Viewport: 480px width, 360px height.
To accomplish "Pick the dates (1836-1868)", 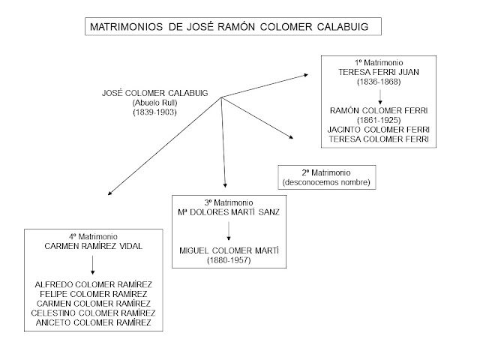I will [377, 82].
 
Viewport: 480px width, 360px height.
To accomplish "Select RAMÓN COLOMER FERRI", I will [377, 110].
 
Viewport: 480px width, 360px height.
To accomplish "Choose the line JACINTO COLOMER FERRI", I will [377, 129].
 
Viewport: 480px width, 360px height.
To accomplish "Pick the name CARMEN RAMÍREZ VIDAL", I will [93, 246].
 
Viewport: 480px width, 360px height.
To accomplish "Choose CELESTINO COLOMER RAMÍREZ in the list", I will [93, 313].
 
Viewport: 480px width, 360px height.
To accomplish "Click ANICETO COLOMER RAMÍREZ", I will [93, 322].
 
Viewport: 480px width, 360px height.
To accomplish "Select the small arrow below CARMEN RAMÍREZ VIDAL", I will [93, 265].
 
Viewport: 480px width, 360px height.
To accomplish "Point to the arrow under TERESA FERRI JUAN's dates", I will [377, 95].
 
